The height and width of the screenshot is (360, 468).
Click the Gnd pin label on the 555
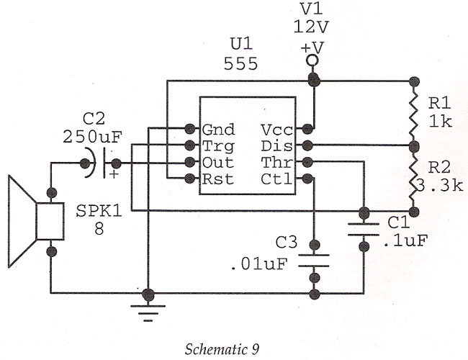point(218,130)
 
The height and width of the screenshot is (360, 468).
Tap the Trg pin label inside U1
point(218,147)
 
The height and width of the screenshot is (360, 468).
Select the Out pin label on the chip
point(218,163)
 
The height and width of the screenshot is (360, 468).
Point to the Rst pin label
point(218,179)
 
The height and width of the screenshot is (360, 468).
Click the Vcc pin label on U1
point(276,130)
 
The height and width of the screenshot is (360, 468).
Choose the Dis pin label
point(276,146)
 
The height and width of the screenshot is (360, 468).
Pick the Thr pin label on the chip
point(276,163)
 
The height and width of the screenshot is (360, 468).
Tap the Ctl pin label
point(276,179)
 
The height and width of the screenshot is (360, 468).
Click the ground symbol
point(148,313)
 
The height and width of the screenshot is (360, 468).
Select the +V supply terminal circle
point(312,60)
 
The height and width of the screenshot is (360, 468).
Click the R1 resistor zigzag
point(414,114)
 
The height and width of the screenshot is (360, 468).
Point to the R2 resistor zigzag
point(414,179)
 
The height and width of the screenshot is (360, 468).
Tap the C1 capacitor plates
point(364,229)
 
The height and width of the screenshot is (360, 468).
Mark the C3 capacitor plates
point(314,261)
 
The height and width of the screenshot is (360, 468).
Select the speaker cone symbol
point(36,221)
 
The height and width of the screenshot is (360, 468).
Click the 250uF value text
point(93,137)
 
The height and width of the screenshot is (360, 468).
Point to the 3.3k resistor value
point(438,185)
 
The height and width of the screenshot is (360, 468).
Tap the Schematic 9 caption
point(222,349)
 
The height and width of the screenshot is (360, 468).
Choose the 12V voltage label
point(311,27)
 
